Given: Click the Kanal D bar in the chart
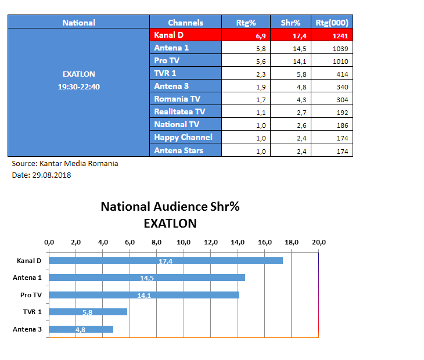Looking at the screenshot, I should [x=166, y=261].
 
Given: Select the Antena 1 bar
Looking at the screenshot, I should [x=147, y=278].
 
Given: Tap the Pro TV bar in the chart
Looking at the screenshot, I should [x=144, y=295].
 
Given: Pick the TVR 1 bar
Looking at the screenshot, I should [x=88, y=312].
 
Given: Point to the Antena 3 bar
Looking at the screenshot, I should [x=81, y=329].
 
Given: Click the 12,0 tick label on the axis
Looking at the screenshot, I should [x=211, y=242].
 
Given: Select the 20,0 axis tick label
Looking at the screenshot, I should [x=318, y=242].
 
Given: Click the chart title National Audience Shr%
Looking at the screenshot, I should [x=170, y=207].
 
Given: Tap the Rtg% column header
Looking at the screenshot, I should [x=246, y=23].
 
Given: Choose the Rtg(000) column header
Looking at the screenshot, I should [x=332, y=23].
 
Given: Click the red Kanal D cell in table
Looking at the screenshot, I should [x=185, y=35].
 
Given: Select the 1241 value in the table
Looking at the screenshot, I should [x=340, y=36].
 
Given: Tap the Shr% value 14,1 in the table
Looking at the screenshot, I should [x=300, y=62].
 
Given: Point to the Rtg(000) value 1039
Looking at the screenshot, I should [x=340, y=49].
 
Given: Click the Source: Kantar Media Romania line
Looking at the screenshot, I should [x=65, y=164].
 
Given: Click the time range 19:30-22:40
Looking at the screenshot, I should [x=78, y=86].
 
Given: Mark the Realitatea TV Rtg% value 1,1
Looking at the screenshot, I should [x=261, y=112].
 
